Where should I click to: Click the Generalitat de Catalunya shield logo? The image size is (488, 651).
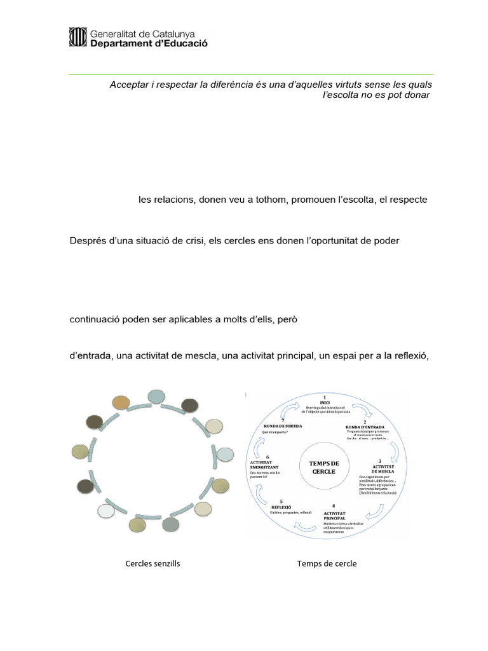pyautogui.click(x=78, y=38)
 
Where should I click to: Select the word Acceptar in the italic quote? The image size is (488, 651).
pyautogui.click(x=128, y=85)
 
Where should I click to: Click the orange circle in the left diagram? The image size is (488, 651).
pyautogui.click(x=121, y=402)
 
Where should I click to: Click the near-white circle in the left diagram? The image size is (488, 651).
pyautogui.click(x=106, y=511)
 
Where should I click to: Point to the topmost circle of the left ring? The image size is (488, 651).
pyautogui.click(x=156, y=397)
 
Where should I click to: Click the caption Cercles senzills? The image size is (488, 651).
pyautogui.click(x=152, y=564)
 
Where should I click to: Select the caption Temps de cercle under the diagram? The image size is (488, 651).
pyautogui.click(x=327, y=564)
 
